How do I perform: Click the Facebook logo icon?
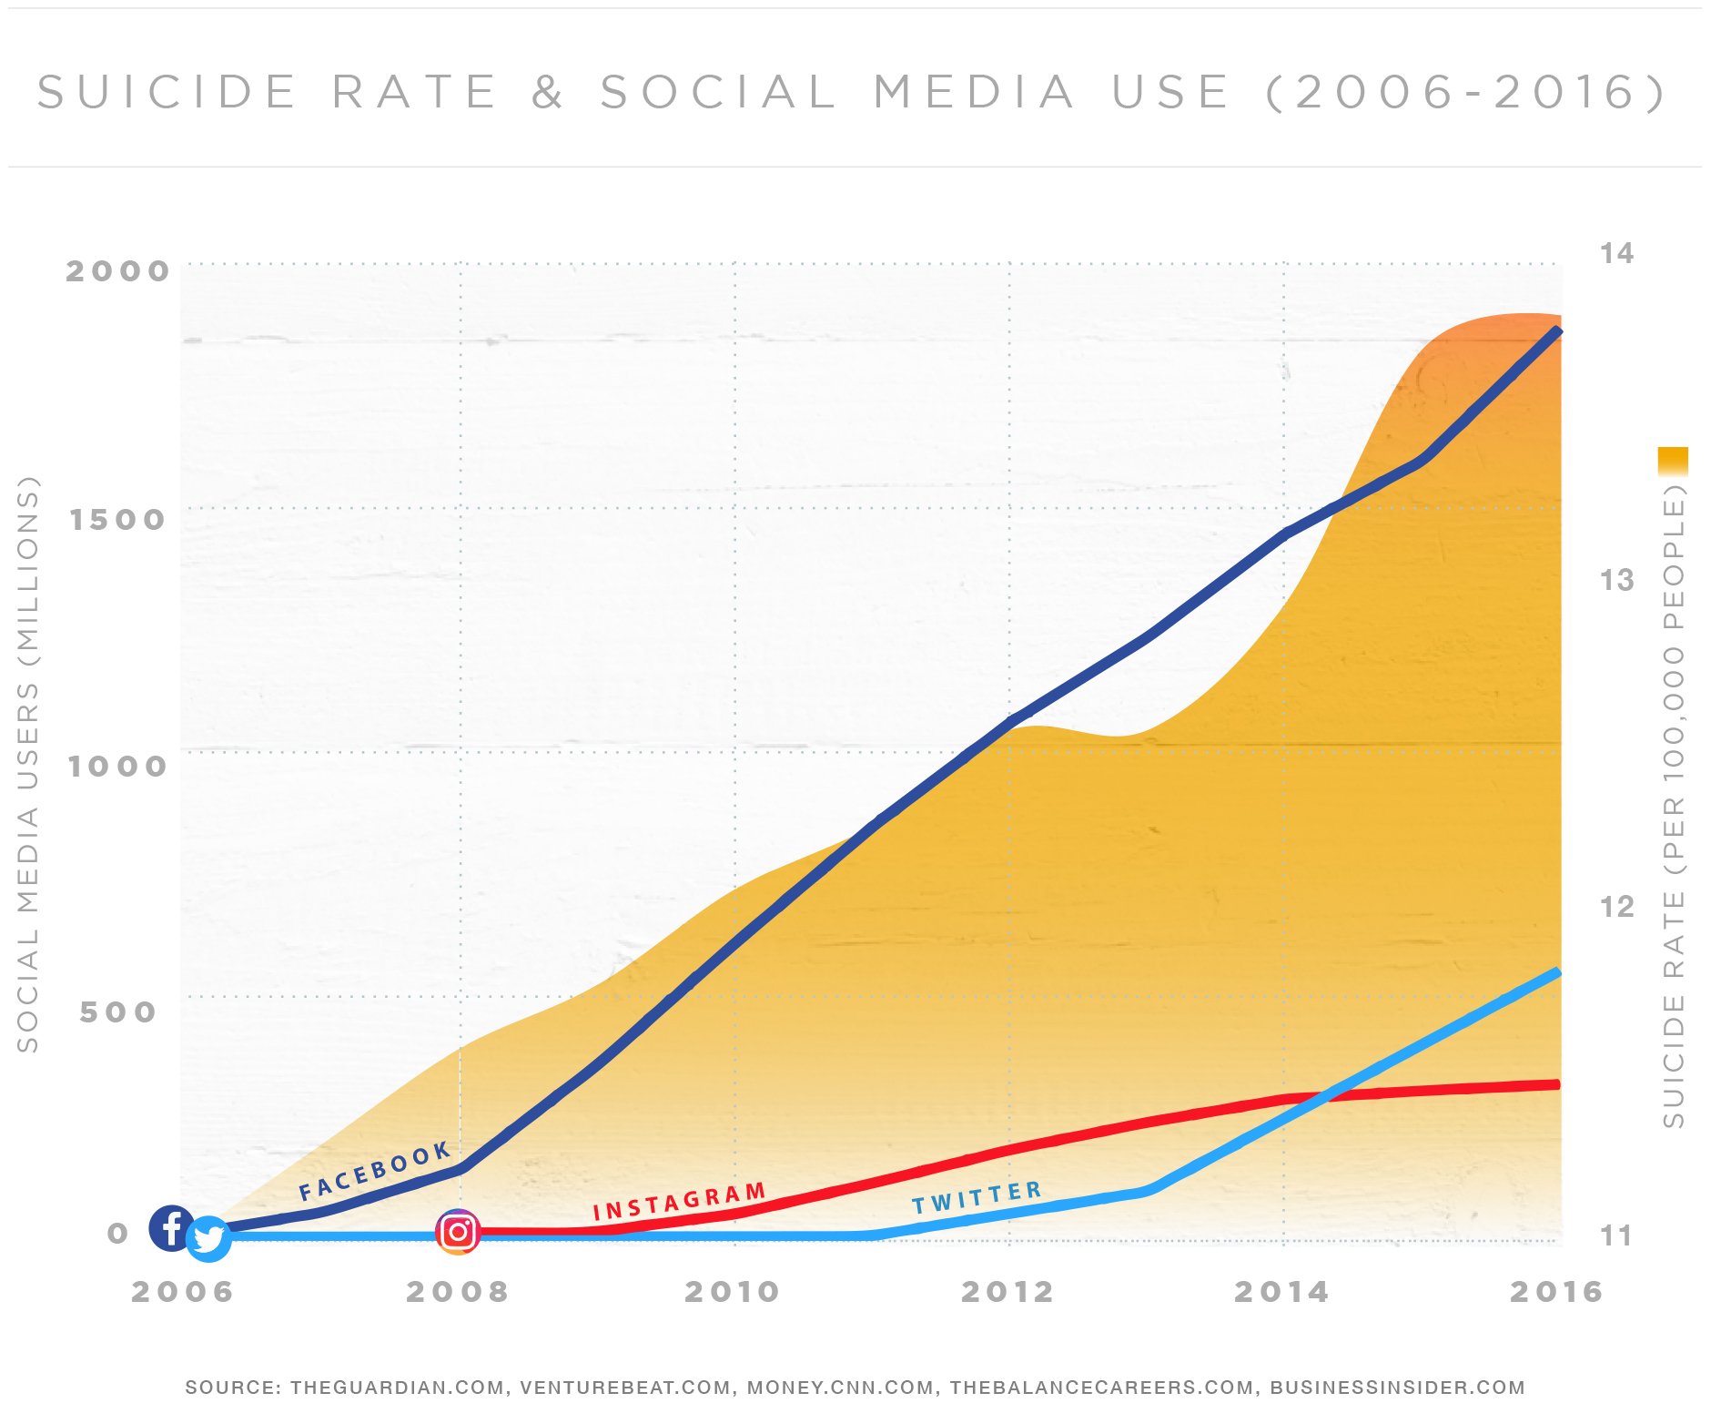point(170,1227)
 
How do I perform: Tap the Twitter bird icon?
point(208,1239)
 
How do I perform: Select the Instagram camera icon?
point(458,1232)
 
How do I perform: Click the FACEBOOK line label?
point(375,1171)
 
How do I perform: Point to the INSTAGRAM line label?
point(679,1202)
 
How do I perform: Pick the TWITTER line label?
point(977,1198)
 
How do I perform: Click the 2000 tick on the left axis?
point(117,270)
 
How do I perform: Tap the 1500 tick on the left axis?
point(117,519)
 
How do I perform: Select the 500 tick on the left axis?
point(117,1012)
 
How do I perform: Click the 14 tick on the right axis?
point(1616,253)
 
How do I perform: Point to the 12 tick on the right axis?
point(1616,907)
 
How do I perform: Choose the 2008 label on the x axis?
point(457,1291)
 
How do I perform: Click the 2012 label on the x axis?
point(1007,1291)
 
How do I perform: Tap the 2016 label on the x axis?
point(1555,1291)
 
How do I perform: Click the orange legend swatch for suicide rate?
point(1673,461)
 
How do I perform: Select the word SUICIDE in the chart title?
point(167,92)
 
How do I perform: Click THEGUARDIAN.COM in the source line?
point(398,1388)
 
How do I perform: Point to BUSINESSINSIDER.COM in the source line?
point(1397,1388)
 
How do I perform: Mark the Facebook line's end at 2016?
point(1557,330)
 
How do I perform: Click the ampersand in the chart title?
point(547,92)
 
